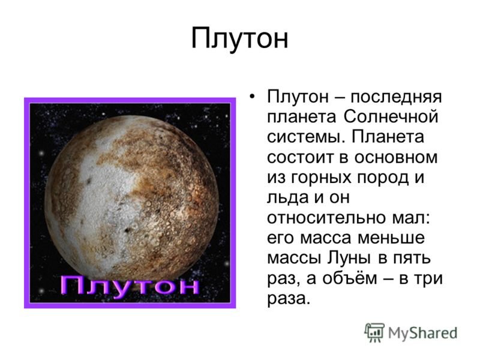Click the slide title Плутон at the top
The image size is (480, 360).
point(239,39)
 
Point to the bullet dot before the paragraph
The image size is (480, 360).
point(252,97)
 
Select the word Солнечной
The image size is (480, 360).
point(391,117)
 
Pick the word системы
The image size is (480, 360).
point(304,137)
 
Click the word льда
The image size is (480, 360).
point(287,198)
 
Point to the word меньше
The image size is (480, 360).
point(391,238)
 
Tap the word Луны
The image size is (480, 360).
point(349,259)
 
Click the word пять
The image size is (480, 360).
point(414,259)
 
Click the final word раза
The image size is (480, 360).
point(289,299)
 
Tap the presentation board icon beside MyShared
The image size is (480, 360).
point(374,332)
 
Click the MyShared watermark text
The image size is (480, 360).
point(422,333)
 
